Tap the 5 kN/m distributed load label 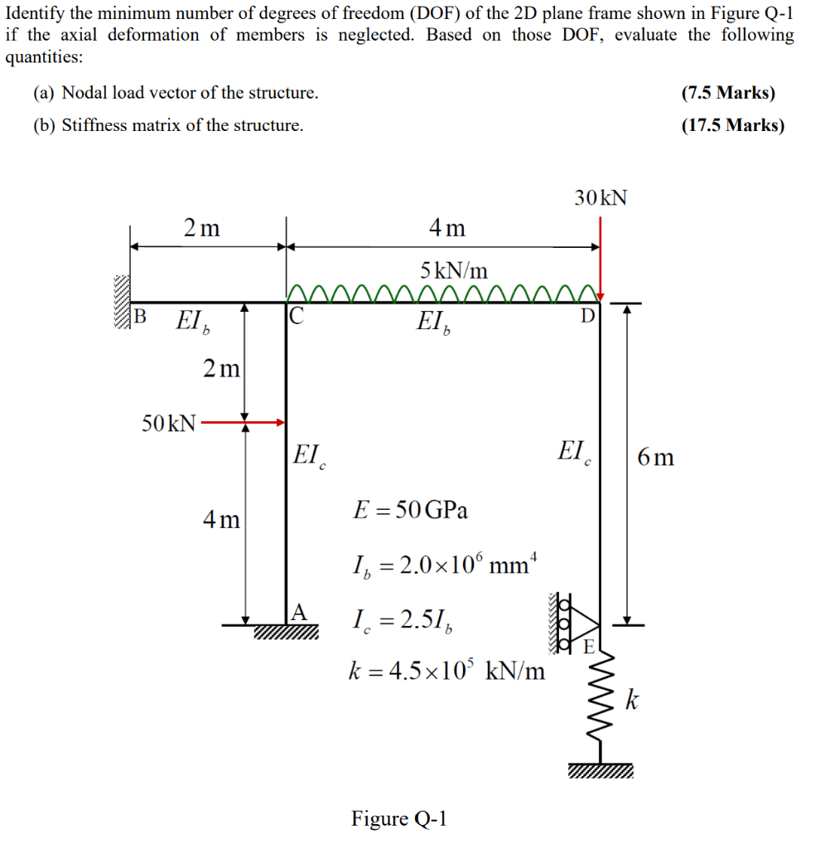point(454,270)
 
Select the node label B point(139,316)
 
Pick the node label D point(586,316)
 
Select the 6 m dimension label point(655,457)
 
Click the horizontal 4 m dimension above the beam point(447,227)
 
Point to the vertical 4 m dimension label point(221,520)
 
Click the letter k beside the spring point(632,701)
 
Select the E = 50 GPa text point(410,510)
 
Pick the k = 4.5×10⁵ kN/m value point(446,669)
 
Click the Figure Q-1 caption point(399,818)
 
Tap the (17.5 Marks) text point(732,126)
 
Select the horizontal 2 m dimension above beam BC point(201,227)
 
